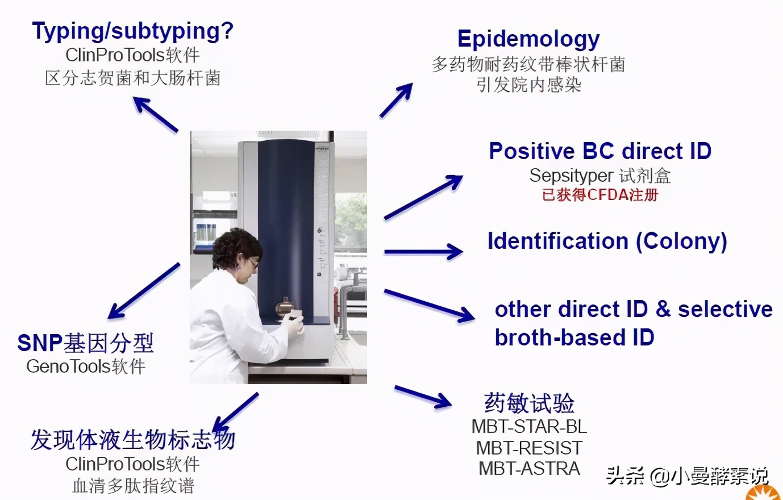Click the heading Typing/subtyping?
pyautogui.click(x=132, y=31)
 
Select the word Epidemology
pyautogui.click(x=528, y=39)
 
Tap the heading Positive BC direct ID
pyautogui.click(x=600, y=151)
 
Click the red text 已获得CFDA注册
pyautogui.click(x=600, y=195)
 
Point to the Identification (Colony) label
pyautogui.click(x=607, y=241)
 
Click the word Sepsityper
pyautogui.click(x=570, y=176)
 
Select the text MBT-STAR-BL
pyautogui.click(x=528, y=426)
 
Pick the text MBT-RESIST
pyautogui.click(x=528, y=448)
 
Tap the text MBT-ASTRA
pyautogui.click(x=528, y=469)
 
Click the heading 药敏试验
pyautogui.click(x=528, y=403)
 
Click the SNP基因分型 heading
pyautogui.click(x=85, y=343)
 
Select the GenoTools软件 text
pyautogui.click(x=86, y=366)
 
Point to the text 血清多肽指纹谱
pyautogui.click(x=133, y=486)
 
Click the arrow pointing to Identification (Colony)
pyautogui.click(x=423, y=251)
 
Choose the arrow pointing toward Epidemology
pyautogui.click(x=396, y=101)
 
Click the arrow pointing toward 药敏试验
pyautogui.click(x=423, y=397)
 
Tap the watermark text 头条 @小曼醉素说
pyautogui.click(x=686, y=475)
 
